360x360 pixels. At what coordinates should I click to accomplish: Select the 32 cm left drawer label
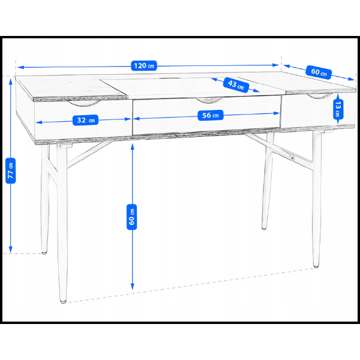click(83, 119)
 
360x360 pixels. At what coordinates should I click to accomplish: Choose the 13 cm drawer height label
click(338, 109)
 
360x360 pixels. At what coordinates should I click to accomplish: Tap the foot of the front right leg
click(316, 265)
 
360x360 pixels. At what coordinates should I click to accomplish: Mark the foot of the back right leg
click(264, 227)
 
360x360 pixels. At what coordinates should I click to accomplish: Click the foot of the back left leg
click(45, 253)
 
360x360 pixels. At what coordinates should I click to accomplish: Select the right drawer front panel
click(306, 111)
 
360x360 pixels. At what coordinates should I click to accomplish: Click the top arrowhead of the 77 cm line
click(11, 80)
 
